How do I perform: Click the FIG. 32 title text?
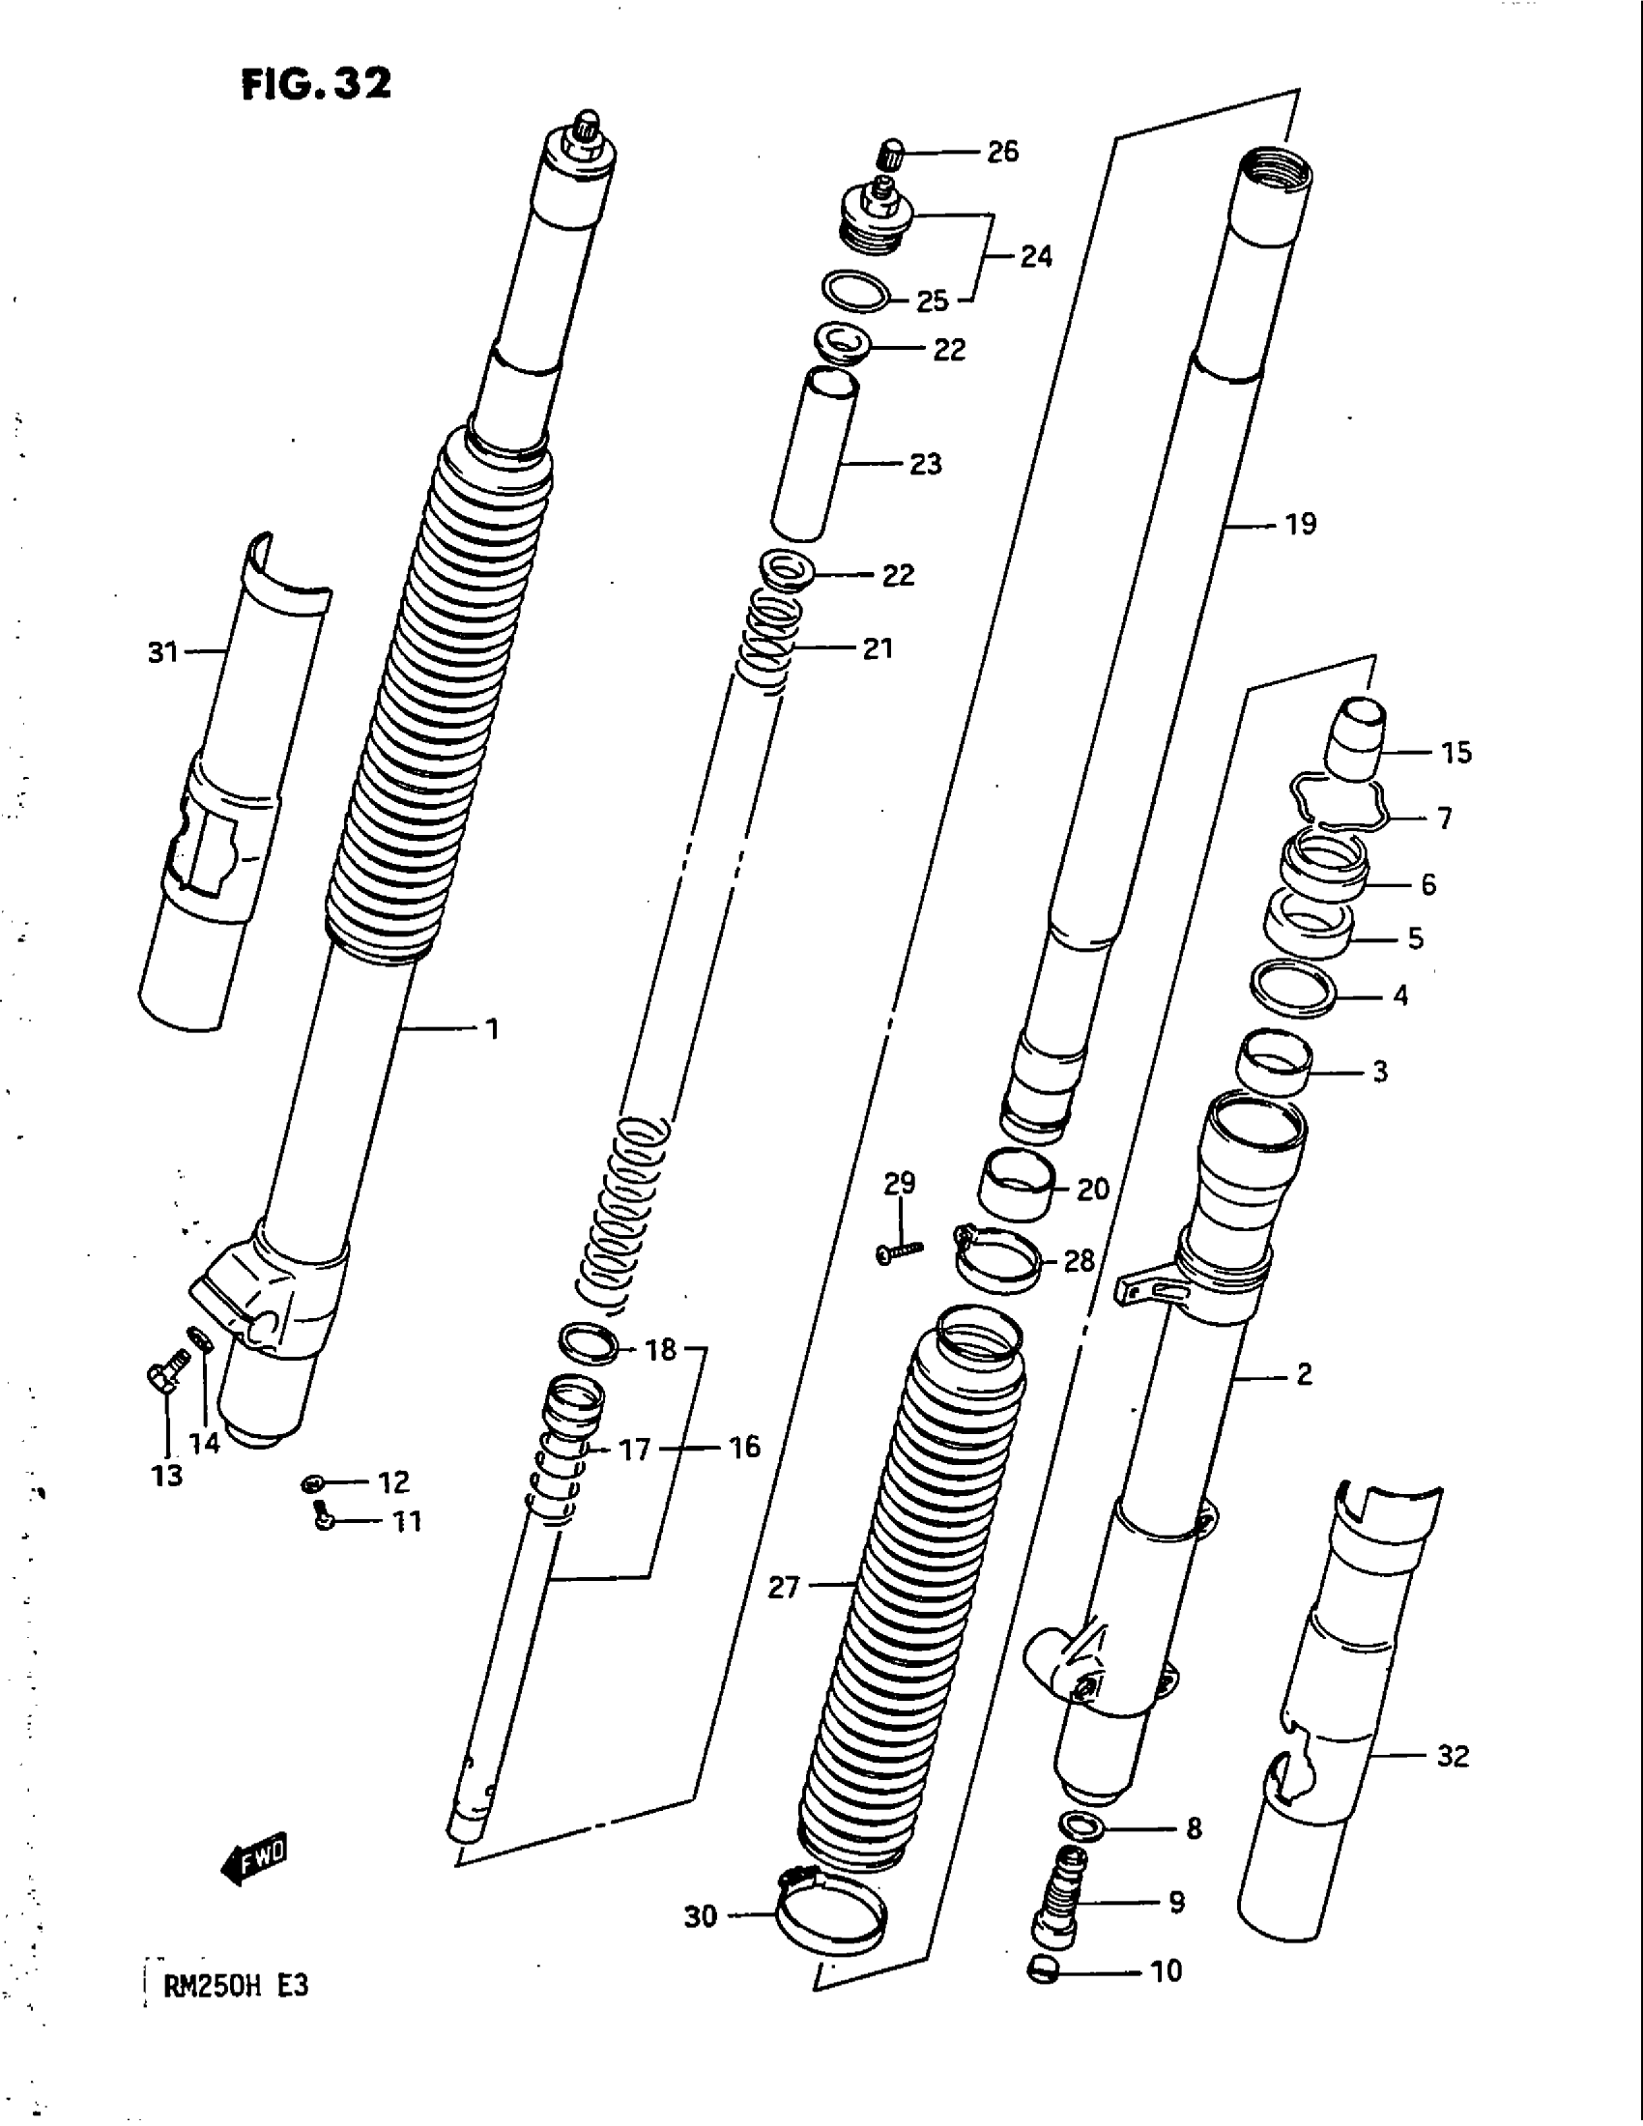315,85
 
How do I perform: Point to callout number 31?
163,651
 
